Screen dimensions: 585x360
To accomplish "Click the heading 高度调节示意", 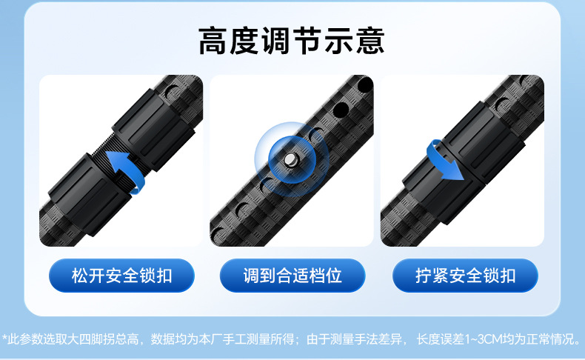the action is point(291,41).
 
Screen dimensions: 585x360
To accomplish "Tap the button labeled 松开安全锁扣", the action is point(121,276).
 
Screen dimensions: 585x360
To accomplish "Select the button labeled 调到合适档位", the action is point(292,276).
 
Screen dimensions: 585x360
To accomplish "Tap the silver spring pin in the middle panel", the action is point(290,160).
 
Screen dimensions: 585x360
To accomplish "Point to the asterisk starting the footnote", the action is point(4,338).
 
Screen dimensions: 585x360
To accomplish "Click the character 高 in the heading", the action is point(213,41).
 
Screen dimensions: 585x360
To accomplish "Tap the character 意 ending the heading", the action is point(370,41).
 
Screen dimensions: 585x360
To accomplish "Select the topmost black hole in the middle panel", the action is point(365,84).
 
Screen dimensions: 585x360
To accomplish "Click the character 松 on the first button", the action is point(80,276).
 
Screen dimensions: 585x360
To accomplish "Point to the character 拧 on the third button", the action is point(424,276).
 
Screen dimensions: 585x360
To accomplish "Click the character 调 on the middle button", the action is point(251,276).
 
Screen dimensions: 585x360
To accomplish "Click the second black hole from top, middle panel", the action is point(341,110).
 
